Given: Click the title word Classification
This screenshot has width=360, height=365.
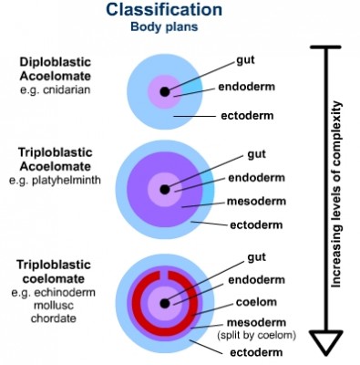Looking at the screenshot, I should click(x=163, y=10).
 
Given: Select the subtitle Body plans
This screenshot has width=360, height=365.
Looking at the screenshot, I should click(x=163, y=26).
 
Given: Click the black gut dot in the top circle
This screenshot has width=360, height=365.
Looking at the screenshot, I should click(x=165, y=91).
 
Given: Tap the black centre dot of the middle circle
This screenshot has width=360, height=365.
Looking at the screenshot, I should click(x=165, y=189).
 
